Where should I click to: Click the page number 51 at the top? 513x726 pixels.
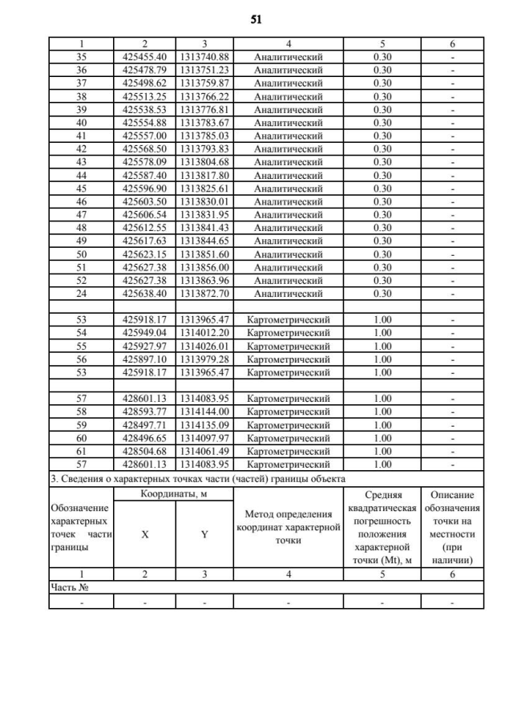pyautogui.click(x=256, y=17)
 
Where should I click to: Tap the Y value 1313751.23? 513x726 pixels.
pyautogui.click(x=204, y=70)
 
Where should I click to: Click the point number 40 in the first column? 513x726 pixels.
pyautogui.click(x=81, y=122)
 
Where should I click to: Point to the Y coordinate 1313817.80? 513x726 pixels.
pyautogui.click(x=204, y=175)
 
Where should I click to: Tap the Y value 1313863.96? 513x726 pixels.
pyautogui.click(x=204, y=280)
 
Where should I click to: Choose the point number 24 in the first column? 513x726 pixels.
pyautogui.click(x=81, y=293)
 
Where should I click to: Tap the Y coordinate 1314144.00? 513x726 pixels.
pyautogui.click(x=204, y=412)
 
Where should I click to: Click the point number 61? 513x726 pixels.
pyautogui.click(x=81, y=451)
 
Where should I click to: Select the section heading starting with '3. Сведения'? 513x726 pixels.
pyautogui.click(x=197, y=478)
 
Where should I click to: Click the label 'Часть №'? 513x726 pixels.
pyautogui.click(x=69, y=588)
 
